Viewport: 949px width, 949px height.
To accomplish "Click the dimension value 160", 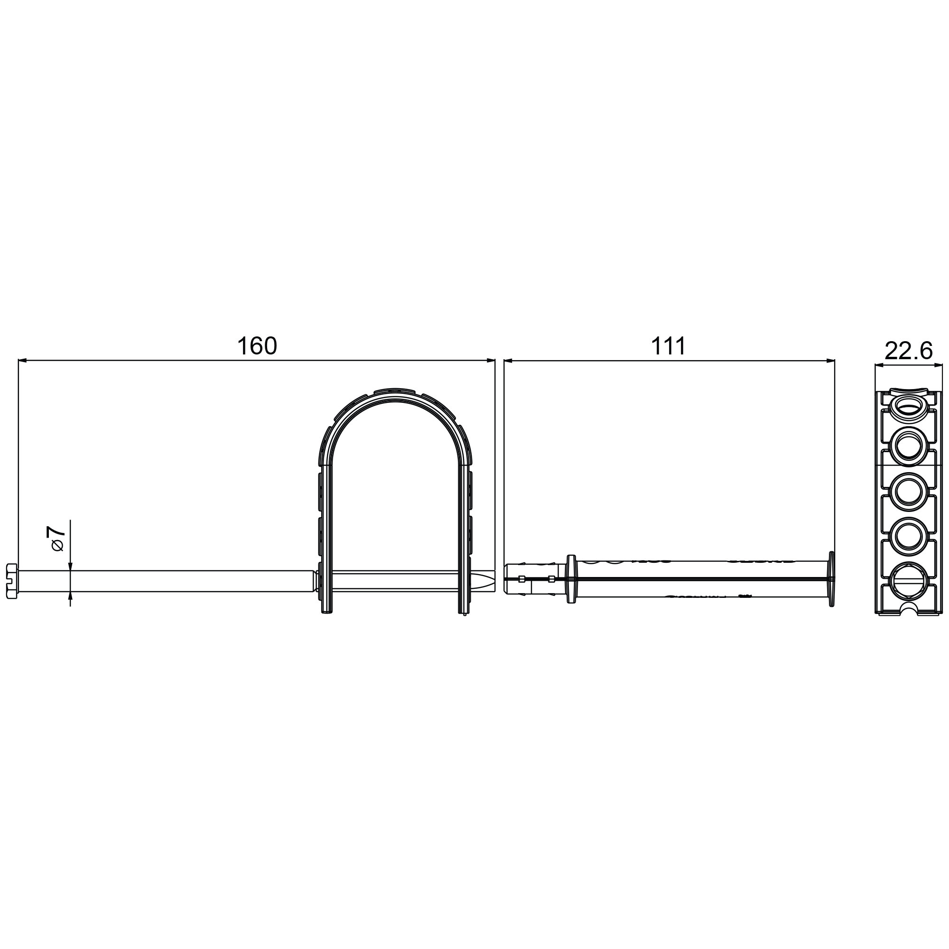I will point(257,346).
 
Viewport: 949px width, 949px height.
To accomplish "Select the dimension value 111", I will point(668,346).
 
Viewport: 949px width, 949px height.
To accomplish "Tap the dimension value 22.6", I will point(908,351).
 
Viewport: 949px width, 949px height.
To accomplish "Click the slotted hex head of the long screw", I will point(12,581).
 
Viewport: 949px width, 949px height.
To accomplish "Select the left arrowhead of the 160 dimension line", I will point(23,361).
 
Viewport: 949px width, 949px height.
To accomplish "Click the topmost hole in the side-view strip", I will point(908,406).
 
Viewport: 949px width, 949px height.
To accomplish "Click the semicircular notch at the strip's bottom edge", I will point(909,609).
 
